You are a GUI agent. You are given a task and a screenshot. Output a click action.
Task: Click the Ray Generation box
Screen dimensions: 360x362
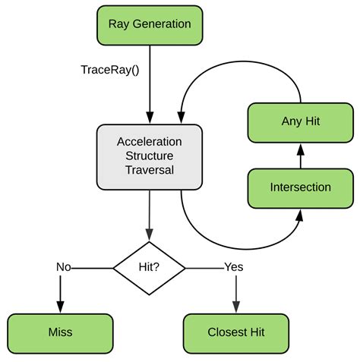150,25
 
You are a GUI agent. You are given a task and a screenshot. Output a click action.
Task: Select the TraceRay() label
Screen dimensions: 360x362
110,70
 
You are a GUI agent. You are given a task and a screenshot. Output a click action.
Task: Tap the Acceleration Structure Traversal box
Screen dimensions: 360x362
150,157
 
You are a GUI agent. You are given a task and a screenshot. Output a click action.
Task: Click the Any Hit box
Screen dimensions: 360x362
301,123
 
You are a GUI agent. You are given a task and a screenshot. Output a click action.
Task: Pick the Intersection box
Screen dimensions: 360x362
301,188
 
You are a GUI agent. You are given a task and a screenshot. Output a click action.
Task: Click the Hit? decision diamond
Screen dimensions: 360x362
149,268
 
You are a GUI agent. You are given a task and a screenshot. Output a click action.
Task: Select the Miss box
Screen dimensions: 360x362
60,334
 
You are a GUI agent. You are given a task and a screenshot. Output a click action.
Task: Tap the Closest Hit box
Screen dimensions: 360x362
236,334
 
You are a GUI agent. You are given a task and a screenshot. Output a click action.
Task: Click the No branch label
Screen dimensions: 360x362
64,267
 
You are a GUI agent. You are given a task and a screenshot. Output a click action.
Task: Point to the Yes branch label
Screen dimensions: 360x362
234,267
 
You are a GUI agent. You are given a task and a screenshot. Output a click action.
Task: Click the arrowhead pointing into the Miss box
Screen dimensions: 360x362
60,307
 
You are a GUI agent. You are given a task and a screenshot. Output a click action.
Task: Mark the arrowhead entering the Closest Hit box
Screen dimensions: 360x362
236,307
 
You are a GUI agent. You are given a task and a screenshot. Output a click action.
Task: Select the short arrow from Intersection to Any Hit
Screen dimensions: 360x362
301,156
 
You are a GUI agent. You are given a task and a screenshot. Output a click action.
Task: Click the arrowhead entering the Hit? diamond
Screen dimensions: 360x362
150,235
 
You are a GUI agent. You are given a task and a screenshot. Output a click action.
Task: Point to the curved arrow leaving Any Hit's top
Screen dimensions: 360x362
242,61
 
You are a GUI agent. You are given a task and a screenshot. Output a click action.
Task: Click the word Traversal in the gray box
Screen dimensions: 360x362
150,170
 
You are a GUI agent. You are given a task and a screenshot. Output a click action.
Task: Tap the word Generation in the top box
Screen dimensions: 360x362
162,24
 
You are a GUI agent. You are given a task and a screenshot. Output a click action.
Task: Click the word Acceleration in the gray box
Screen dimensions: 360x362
150,142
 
